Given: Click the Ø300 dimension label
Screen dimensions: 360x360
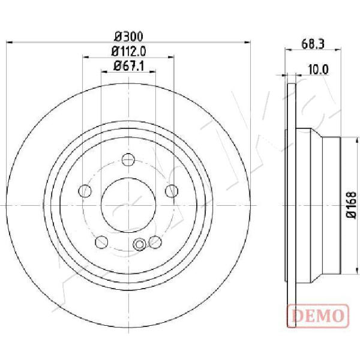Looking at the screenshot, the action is (128, 36).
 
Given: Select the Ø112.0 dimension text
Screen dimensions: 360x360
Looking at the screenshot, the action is (128, 52).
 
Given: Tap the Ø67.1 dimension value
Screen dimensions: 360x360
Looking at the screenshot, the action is (129, 67).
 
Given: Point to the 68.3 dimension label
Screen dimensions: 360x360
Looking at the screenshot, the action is (313, 44).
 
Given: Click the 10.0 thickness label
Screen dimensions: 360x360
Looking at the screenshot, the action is (318, 70).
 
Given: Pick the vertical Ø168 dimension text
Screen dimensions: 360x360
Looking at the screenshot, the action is (352, 205).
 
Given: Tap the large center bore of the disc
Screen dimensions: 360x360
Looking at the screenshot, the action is (128, 205).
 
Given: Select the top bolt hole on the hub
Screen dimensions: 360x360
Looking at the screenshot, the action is (128, 160).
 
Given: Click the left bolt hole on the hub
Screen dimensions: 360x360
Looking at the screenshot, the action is (85, 191).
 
